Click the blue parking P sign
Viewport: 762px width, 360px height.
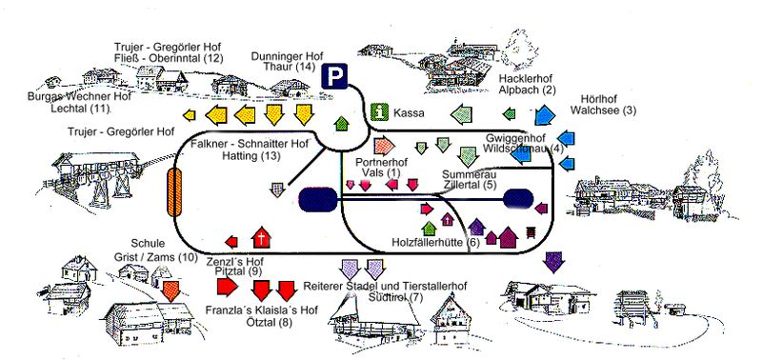pos(334,76)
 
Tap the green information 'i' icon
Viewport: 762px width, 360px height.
pos(379,112)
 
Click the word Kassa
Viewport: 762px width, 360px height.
pos(409,113)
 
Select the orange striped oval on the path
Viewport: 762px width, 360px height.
pos(174,191)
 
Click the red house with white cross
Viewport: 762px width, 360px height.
pos(261,237)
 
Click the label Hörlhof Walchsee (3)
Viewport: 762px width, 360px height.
pos(603,105)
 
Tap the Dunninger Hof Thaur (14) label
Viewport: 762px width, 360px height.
pos(287,61)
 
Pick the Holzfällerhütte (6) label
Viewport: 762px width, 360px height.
pos(436,243)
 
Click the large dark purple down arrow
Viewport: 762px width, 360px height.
pos(553,262)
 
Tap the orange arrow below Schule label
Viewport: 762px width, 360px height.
pos(171,290)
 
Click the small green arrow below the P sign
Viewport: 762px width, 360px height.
pos(342,124)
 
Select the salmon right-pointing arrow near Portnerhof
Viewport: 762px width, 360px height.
pos(385,146)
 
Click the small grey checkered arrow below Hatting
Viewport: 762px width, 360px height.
pos(277,189)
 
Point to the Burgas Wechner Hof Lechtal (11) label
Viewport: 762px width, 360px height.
pos(80,102)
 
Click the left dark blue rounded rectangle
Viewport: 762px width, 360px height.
pos(318,200)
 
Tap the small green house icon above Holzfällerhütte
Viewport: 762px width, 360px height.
pos(430,228)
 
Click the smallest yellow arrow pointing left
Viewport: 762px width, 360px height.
pos(189,115)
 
